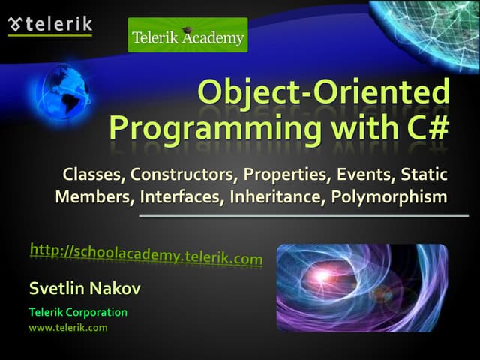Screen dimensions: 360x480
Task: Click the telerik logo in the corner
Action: point(49,25)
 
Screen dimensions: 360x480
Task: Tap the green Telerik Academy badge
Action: point(187,35)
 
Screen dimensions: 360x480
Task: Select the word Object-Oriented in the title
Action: point(323,93)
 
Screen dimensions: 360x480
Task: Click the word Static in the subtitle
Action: point(423,175)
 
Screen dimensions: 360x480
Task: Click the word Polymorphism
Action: point(389,197)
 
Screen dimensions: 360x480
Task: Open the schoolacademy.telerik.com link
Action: point(146,253)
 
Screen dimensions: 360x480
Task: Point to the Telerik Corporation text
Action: point(78,312)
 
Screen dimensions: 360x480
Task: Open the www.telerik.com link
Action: point(68,328)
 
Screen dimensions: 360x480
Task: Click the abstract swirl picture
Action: point(361,288)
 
